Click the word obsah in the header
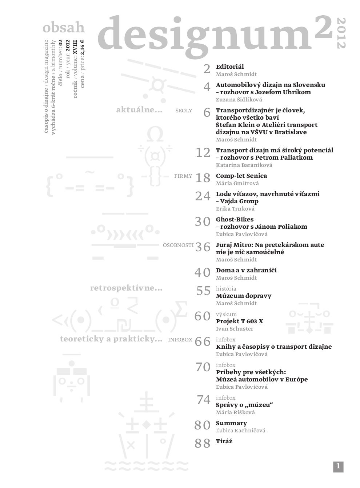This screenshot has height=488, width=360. point(64,28)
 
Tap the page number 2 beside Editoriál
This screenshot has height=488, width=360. point(207,69)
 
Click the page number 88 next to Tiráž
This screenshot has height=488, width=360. point(203,443)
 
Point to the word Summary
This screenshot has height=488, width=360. point(231,423)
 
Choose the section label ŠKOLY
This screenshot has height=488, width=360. point(183,111)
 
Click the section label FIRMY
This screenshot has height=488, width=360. point(183,176)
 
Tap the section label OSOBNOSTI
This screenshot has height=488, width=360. point(178,245)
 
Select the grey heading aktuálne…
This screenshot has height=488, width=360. point(139,110)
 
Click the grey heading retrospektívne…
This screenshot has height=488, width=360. point(126,289)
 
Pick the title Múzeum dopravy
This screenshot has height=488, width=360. point(243,296)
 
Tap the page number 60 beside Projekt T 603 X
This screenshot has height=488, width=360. point(203,316)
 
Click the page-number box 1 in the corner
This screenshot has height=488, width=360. point(338,467)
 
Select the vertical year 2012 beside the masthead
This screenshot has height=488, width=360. point(342,33)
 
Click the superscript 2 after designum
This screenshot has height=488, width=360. point(323,28)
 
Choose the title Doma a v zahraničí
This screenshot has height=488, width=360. point(246,270)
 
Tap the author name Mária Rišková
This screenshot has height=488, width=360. point(235,412)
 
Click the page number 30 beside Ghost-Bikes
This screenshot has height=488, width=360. point(203,221)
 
